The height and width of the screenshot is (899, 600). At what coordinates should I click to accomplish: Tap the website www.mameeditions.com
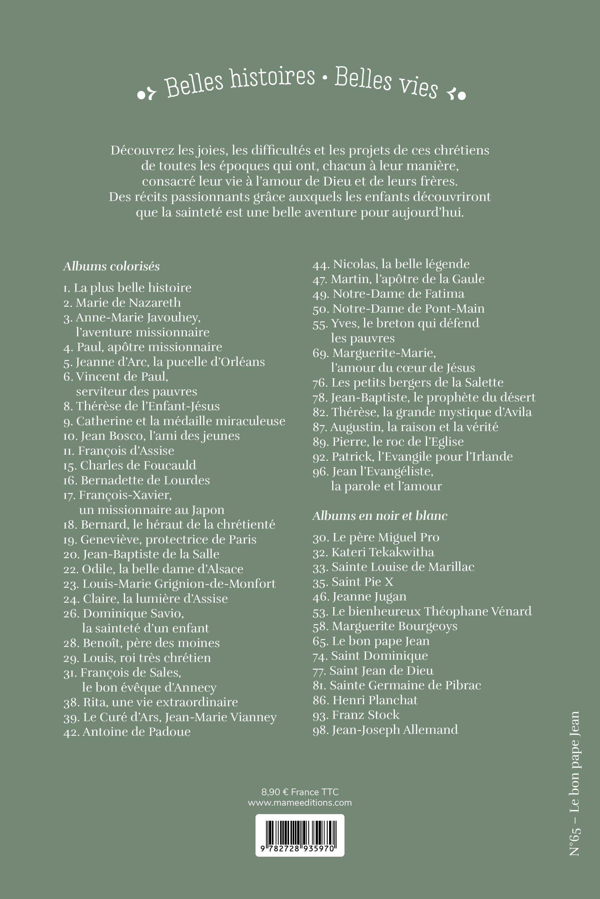(x=300, y=802)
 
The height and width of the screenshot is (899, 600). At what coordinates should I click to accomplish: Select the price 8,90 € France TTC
(x=300, y=792)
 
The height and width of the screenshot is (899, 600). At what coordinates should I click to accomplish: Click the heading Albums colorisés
(x=111, y=266)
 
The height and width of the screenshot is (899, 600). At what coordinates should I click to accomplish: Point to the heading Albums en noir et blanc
(x=380, y=516)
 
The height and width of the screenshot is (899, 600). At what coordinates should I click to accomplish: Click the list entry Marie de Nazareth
(x=122, y=303)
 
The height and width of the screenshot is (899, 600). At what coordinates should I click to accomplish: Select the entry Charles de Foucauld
(x=130, y=465)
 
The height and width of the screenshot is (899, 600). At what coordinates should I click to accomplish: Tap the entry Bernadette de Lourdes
(x=137, y=480)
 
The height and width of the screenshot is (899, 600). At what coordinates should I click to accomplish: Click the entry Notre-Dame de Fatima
(x=389, y=294)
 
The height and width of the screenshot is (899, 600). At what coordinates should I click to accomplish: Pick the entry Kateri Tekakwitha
(x=373, y=552)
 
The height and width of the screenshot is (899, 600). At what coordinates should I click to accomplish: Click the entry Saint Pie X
(x=353, y=582)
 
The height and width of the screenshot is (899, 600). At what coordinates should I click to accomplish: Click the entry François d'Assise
(x=119, y=451)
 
